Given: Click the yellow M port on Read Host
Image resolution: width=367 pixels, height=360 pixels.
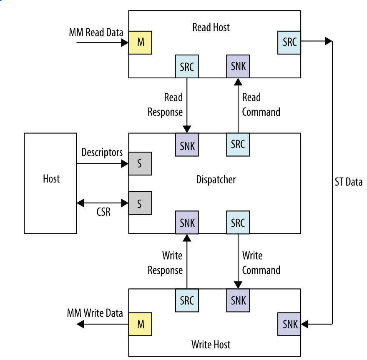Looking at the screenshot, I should point(140,42).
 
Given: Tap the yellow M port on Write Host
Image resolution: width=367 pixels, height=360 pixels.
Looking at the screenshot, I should point(140,324).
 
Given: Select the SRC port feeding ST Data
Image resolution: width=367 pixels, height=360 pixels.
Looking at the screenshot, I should point(289,42).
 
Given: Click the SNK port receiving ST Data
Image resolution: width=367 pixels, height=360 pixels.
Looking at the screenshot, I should point(289,324).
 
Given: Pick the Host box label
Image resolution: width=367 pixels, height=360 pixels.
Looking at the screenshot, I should point(51,179).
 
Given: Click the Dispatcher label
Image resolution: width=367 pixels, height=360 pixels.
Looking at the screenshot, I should point(216,180).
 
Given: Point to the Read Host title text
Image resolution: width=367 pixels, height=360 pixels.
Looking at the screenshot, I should point(211,27).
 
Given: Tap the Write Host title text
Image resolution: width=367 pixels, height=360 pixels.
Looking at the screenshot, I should point(211,345).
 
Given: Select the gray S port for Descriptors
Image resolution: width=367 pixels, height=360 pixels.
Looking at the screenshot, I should point(140,163).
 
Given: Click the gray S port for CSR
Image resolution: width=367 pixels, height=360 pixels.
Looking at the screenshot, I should point(140,203).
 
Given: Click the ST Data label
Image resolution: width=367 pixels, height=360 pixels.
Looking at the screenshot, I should point(348,182).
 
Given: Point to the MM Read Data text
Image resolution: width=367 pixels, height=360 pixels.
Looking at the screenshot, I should point(96,32).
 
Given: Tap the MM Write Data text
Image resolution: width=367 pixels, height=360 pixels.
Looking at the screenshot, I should point(95,312).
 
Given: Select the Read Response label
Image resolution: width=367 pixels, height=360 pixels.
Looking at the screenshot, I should point(166,105).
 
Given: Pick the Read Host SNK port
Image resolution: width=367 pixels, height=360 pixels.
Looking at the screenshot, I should point(238,66).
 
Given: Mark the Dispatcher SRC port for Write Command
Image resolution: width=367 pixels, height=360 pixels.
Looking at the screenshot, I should point(238,222).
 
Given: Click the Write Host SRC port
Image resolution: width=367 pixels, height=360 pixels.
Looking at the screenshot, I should point(187,300).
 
